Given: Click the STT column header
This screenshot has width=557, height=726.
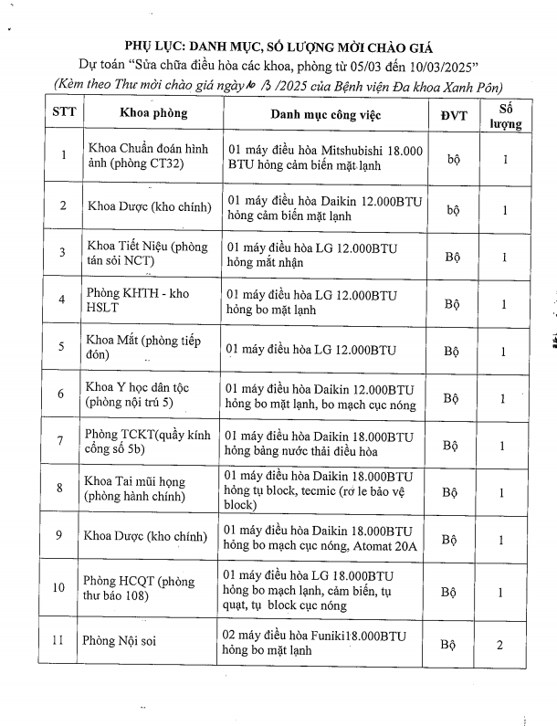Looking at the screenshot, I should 62,114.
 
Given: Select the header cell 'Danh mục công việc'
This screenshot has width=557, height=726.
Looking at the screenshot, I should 326,115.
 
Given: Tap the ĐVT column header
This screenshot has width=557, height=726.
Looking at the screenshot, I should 452,115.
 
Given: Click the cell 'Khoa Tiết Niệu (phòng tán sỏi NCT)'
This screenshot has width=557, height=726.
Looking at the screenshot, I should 147,254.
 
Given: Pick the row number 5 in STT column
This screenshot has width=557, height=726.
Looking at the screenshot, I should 61,348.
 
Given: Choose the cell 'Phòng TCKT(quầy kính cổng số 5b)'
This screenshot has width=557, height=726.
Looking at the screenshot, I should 146,443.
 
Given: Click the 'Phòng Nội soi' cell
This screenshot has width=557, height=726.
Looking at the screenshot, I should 120,641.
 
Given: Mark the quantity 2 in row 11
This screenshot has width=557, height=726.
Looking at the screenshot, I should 499,646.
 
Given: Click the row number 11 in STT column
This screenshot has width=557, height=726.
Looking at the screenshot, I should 60,641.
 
